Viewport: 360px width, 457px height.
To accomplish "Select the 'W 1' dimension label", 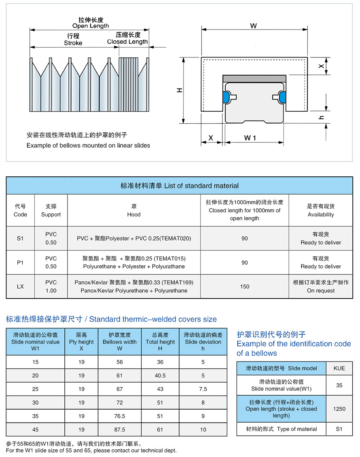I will pyautogui.click(x=250, y=138).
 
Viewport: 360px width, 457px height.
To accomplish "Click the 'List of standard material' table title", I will pyautogui.click(x=180, y=186).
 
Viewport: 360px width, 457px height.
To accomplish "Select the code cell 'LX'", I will pyautogui.click(x=20, y=287).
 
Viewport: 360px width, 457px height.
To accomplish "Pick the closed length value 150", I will pyautogui.click(x=244, y=287).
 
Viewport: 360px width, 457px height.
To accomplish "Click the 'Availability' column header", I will pyautogui.click(x=320, y=210).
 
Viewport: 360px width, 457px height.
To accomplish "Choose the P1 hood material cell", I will pyautogui.click(x=134, y=262).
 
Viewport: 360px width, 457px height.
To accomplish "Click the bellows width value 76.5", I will pyautogui.click(x=120, y=416).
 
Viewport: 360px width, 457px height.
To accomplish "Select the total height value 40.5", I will pyautogui.click(x=160, y=376).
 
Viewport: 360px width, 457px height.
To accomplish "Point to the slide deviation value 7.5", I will pyautogui.click(x=203, y=389).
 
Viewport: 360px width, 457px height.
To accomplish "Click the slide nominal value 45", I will pyautogui.click(x=36, y=429).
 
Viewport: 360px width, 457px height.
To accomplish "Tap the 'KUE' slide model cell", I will pyautogui.click(x=339, y=368).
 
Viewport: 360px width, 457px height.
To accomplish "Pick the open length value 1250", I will pyautogui.click(x=339, y=409).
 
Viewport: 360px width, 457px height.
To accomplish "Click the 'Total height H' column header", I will pyautogui.click(x=160, y=342).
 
